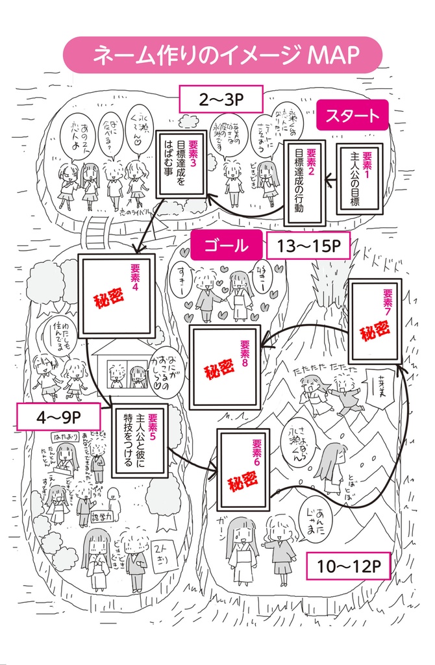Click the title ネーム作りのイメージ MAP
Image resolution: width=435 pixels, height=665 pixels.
pyautogui.click(x=221, y=55)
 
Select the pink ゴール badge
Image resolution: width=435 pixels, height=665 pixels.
pyautogui.click(x=226, y=245)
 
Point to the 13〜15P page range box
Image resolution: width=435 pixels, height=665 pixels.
pyautogui.click(x=308, y=247)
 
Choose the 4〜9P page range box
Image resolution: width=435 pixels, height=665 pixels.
pyautogui.click(x=58, y=416)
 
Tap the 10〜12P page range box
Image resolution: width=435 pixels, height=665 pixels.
pyautogui.click(x=349, y=566)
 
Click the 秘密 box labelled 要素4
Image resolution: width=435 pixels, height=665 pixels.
pyautogui.click(x=117, y=295)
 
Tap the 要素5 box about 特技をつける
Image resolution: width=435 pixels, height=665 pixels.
pyautogui.click(x=140, y=440)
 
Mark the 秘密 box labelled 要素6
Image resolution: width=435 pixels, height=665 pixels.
pyautogui.click(x=243, y=469)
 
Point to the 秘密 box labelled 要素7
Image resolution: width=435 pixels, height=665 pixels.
pyautogui.click(x=375, y=321)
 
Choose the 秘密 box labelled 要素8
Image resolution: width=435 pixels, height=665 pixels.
pyautogui.click(x=225, y=367)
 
